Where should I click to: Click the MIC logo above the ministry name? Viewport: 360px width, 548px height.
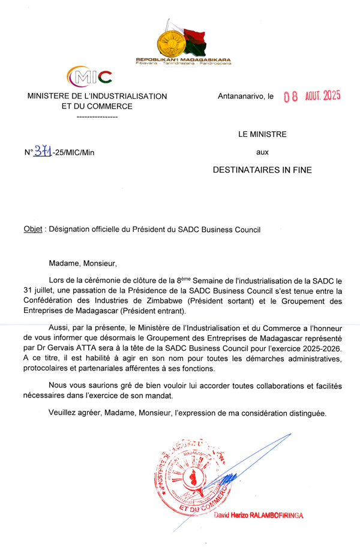tap(90, 77)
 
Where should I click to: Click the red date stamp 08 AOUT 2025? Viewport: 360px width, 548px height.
tap(311, 97)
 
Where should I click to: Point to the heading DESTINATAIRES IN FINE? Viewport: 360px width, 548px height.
tap(262, 170)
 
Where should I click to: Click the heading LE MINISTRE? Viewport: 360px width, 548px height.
tap(262, 134)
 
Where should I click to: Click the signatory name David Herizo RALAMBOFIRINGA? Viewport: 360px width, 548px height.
tap(259, 514)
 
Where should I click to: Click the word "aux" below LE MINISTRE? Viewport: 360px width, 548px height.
tap(262, 152)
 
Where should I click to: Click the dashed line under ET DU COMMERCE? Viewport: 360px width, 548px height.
tap(97, 116)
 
